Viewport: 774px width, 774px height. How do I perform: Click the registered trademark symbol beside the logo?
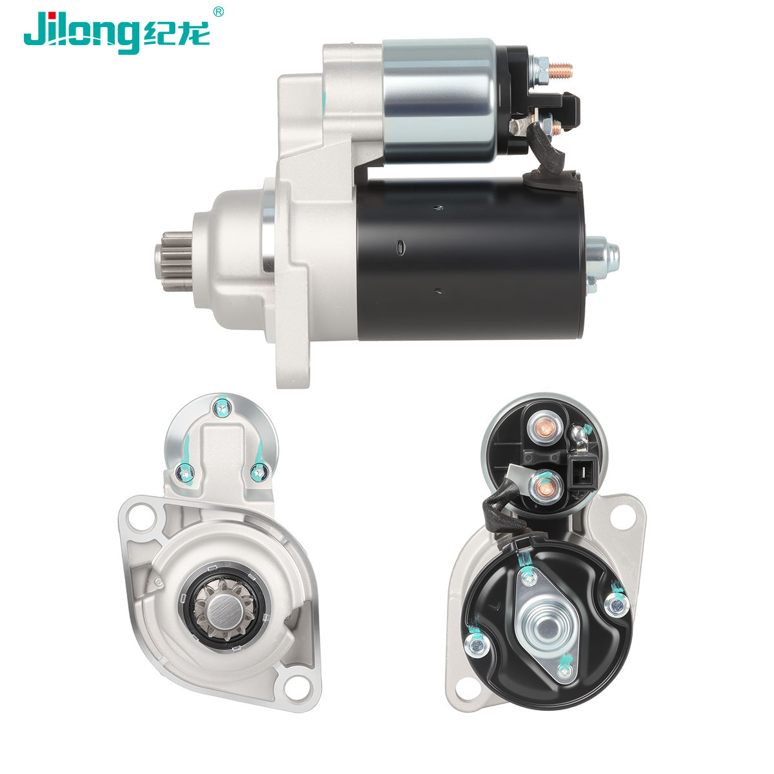click(x=218, y=12)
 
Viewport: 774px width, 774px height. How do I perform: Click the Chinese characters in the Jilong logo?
click(x=176, y=34)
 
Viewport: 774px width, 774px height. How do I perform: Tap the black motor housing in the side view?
click(x=469, y=259)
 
